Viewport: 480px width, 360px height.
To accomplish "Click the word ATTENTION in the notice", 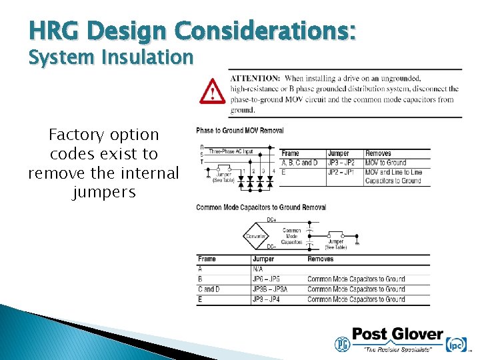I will click(x=255, y=79).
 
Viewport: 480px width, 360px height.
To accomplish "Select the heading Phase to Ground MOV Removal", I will click(x=239, y=131).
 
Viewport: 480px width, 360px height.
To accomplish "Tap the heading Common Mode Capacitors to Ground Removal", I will click(x=261, y=207).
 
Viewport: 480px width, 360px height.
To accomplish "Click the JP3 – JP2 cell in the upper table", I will click(x=341, y=163).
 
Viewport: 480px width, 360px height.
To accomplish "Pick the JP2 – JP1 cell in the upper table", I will click(x=341, y=171).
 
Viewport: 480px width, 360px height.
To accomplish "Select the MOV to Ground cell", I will click(x=385, y=163).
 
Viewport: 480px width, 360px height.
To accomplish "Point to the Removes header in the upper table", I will click(x=378, y=153).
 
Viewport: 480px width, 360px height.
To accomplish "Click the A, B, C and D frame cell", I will click(x=300, y=163).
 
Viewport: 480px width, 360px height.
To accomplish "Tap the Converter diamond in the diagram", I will click(x=256, y=235).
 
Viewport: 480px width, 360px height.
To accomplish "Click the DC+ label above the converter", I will click(x=271, y=219).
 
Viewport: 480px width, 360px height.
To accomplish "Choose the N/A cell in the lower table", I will click(x=258, y=269).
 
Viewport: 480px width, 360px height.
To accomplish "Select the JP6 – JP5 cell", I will click(x=266, y=279).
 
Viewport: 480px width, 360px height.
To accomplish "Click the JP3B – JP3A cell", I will click(x=270, y=289).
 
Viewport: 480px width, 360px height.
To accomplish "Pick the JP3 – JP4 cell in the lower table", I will click(x=266, y=299).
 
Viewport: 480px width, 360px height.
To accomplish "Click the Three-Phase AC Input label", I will click(x=231, y=151).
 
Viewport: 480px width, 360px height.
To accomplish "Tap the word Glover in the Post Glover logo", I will click(x=415, y=334).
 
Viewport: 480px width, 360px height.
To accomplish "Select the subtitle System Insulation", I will click(x=110, y=57).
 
